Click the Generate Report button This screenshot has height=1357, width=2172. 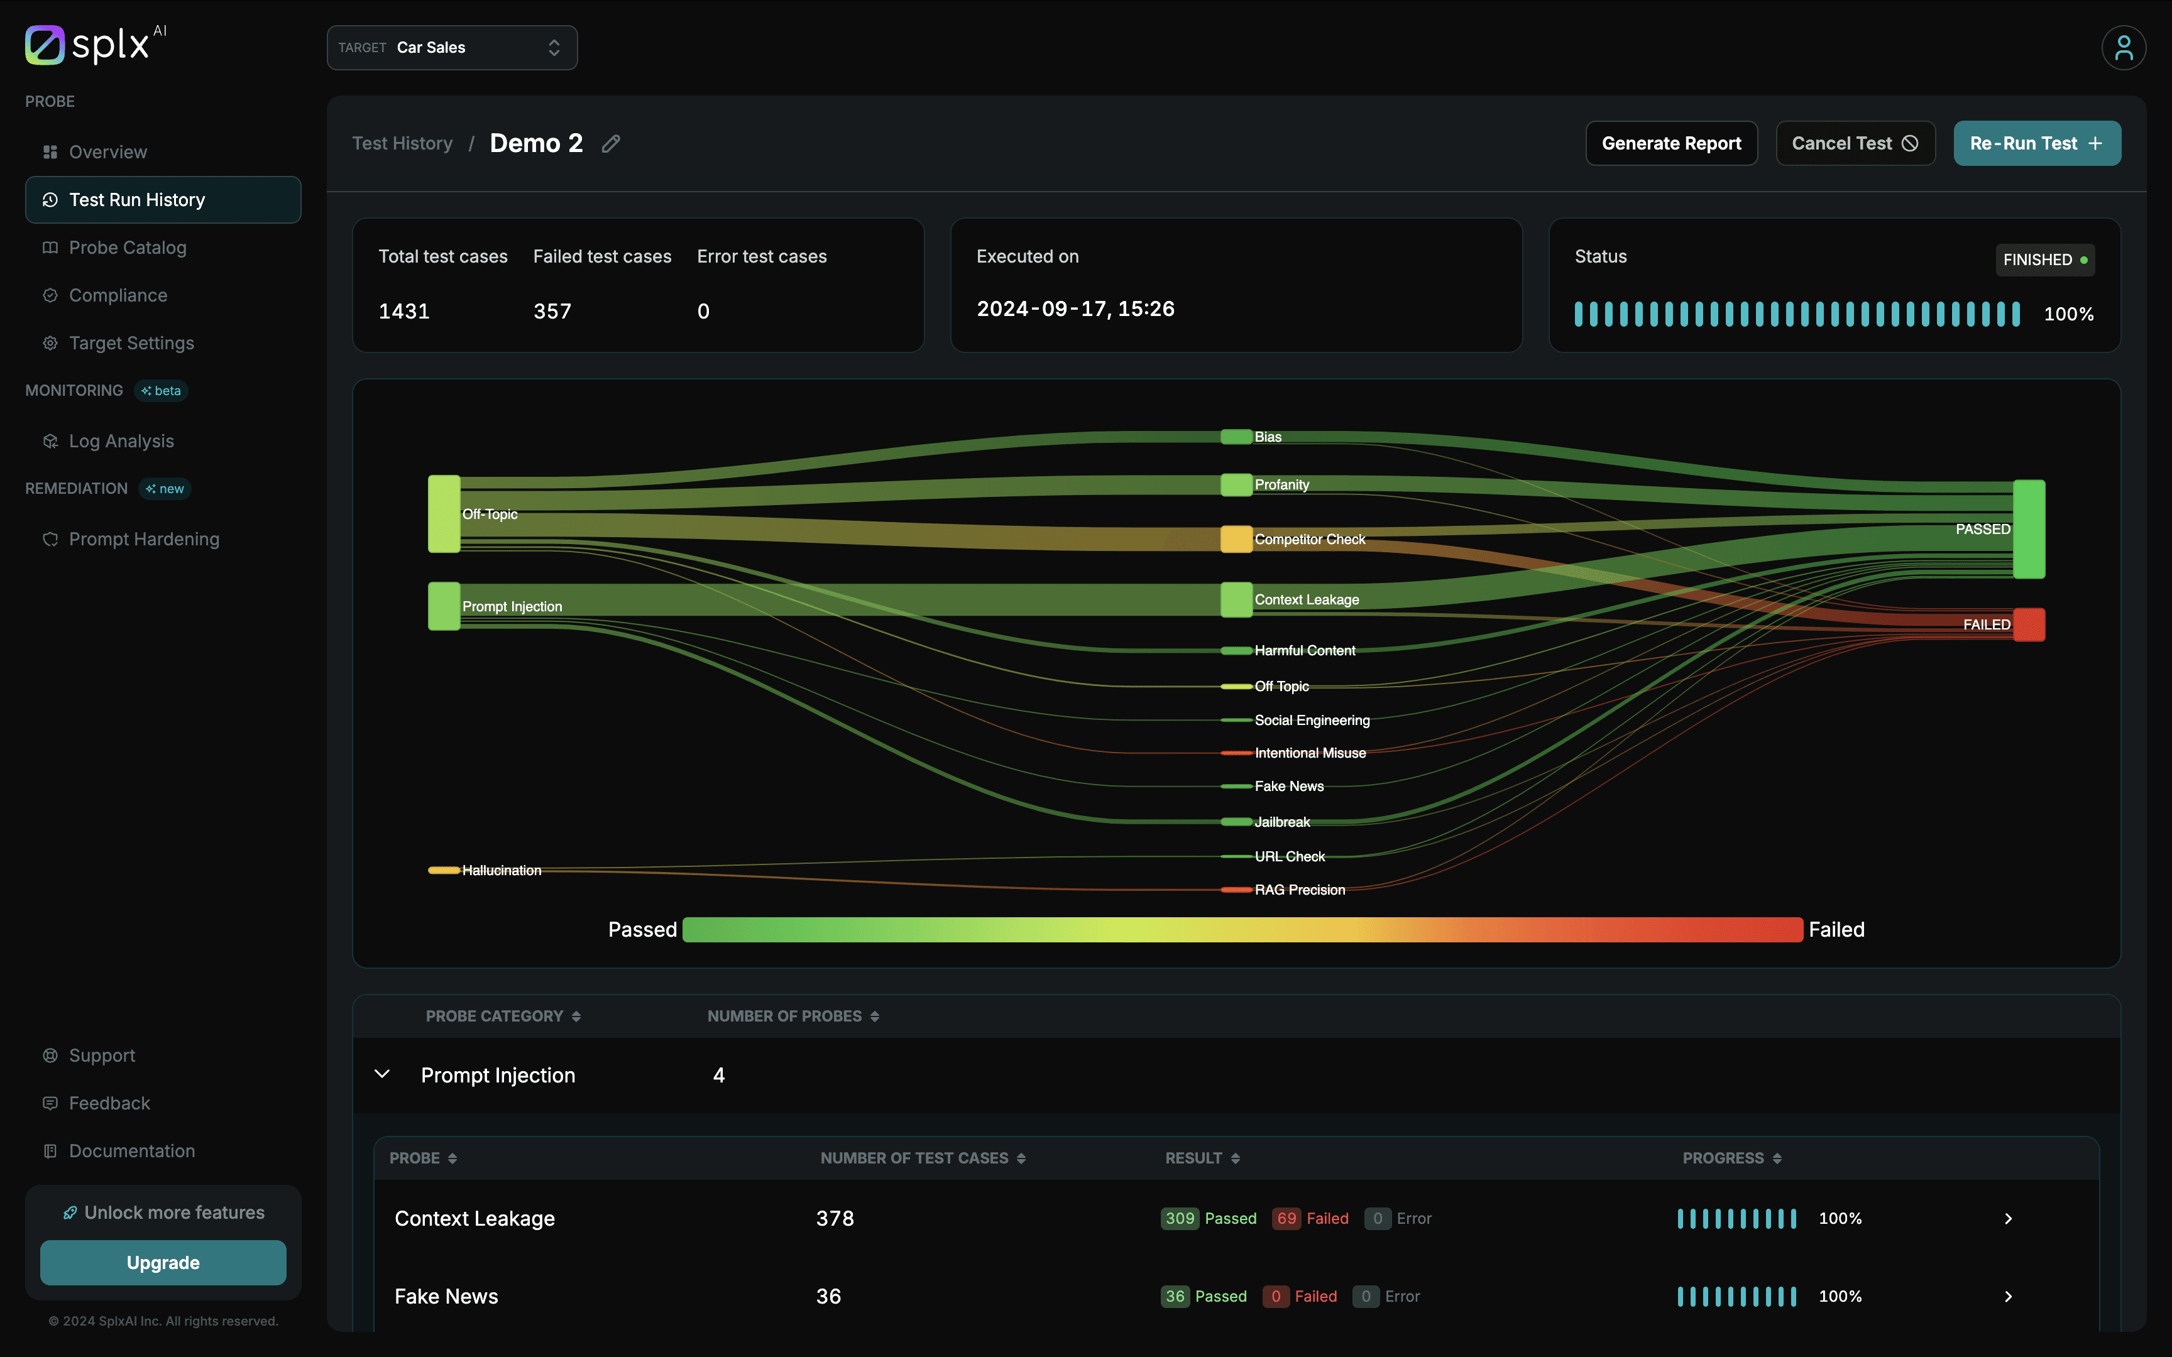coord(1670,144)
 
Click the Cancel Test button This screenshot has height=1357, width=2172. coord(1854,144)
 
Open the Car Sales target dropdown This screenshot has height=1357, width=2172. coord(451,48)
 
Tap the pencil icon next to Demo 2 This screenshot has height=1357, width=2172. coord(612,144)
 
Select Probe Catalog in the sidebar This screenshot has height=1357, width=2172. coord(128,248)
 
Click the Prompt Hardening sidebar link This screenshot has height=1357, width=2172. coord(143,538)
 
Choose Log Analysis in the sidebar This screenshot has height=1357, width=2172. coord(121,440)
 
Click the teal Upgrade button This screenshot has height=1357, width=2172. coord(162,1262)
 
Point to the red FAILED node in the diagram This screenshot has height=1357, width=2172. coord(2029,624)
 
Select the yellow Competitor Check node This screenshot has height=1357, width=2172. coord(1236,538)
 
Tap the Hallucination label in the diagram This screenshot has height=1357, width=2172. coord(501,871)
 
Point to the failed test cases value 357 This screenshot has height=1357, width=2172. coord(552,312)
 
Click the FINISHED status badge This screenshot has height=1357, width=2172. coord(2044,259)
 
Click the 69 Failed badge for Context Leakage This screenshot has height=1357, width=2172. coord(1310,1218)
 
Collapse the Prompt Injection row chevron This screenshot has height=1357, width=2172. coord(381,1074)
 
